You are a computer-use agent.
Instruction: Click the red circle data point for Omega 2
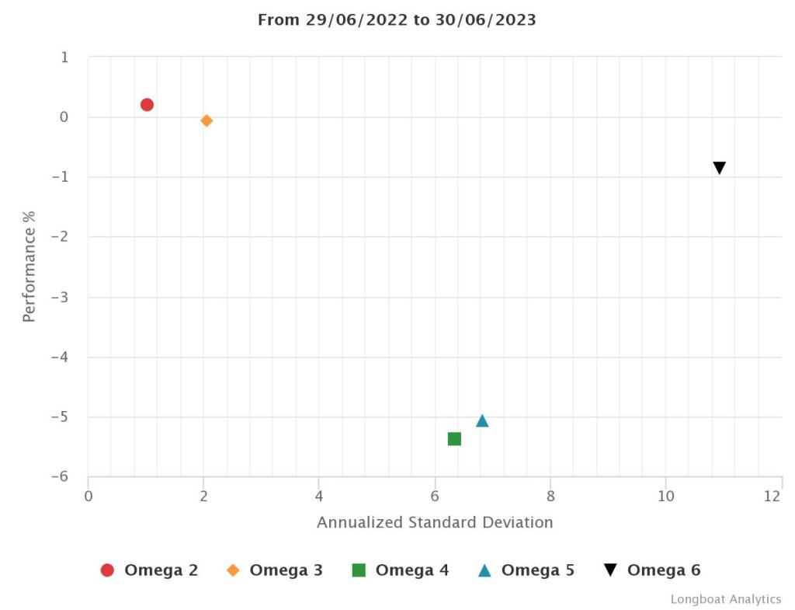click(x=147, y=105)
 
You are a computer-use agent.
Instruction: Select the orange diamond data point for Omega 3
click(x=207, y=120)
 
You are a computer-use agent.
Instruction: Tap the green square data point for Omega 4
click(x=454, y=439)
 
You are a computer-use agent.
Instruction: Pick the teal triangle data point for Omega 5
click(x=482, y=421)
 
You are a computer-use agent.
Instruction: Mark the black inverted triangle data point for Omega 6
click(x=720, y=168)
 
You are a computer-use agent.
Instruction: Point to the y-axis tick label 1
click(x=64, y=58)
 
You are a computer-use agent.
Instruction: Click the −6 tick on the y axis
click(x=59, y=476)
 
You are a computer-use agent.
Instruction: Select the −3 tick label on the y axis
click(x=59, y=297)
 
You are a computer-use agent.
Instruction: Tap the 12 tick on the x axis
click(x=772, y=497)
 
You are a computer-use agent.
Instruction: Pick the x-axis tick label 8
click(x=550, y=497)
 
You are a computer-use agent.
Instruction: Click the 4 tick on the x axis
click(x=319, y=497)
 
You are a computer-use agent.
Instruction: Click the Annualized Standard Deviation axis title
click(x=435, y=522)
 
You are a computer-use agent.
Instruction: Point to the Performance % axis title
click(x=30, y=267)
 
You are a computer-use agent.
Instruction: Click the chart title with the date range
click(x=397, y=20)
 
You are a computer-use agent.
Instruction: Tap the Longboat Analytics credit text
click(x=726, y=599)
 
